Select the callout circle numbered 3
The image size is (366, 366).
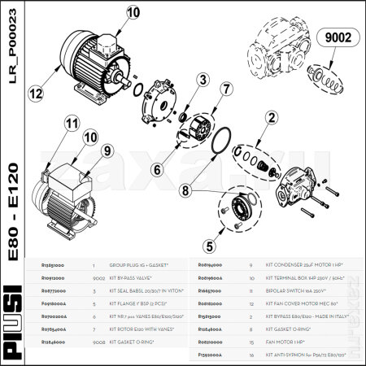(x=200, y=79)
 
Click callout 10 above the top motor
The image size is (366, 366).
(x=133, y=12)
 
